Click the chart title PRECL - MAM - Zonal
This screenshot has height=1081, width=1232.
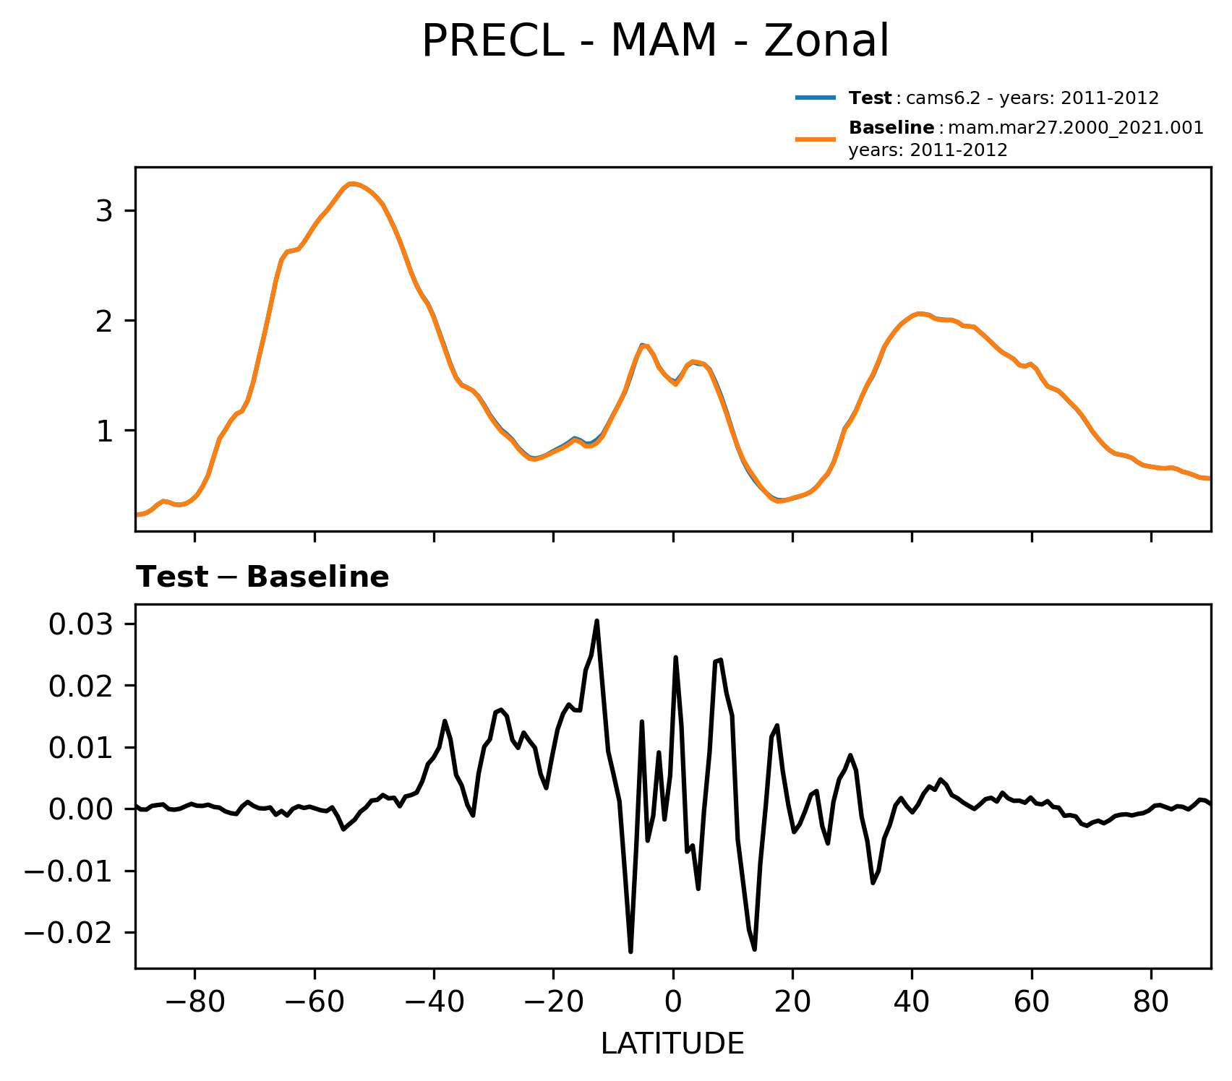point(655,41)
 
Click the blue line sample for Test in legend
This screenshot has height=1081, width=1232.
point(816,98)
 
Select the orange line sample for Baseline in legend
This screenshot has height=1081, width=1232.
point(816,139)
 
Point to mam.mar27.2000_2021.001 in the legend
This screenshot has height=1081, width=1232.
point(1075,129)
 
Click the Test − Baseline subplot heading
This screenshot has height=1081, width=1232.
point(262,577)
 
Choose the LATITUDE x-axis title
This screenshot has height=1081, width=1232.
point(672,1044)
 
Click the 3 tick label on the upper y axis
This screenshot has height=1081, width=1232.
point(106,211)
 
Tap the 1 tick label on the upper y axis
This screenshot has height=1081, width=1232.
point(106,431)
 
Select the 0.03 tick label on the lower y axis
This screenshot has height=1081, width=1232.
point(81,624)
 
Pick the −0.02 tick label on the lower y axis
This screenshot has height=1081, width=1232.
point(69,933)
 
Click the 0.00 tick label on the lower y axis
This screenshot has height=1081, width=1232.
point(81,809)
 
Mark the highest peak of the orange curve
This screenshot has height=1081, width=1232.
point(351,184)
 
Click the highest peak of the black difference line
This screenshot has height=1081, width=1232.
point(596,621)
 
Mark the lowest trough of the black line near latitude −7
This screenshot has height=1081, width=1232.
point(630,952)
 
